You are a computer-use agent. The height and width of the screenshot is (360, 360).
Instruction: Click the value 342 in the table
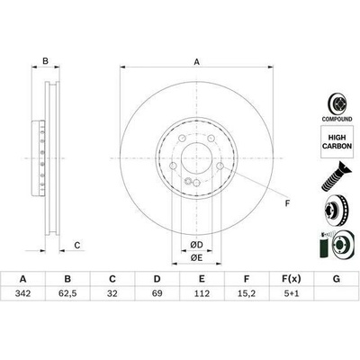(x=22, y=293)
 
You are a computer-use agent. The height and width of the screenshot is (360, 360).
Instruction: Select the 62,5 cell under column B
(x=67, y=293)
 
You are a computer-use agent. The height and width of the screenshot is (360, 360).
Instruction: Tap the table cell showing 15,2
(x=247, y=293)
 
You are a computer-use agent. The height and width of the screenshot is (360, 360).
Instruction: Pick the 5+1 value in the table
(x=292, y=293)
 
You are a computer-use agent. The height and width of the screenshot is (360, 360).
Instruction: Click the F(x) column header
(x=292, y=279)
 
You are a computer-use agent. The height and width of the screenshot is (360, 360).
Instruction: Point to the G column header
(x=337, y=279)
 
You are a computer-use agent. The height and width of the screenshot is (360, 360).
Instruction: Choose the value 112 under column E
(x=202, y=293)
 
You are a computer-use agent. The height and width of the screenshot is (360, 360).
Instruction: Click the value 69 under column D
(x=157, y=293)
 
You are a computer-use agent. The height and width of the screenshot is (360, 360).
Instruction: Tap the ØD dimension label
(x=196, y=245)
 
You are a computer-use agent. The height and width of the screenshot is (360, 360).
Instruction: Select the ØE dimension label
(x=196, y=257)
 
